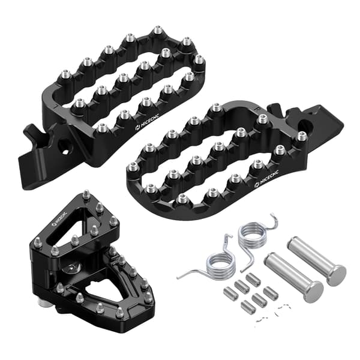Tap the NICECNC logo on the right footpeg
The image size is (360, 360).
coord(267,179)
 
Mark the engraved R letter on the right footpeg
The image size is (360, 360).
coord(257,110)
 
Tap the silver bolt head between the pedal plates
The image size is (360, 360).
coord(71,268)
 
